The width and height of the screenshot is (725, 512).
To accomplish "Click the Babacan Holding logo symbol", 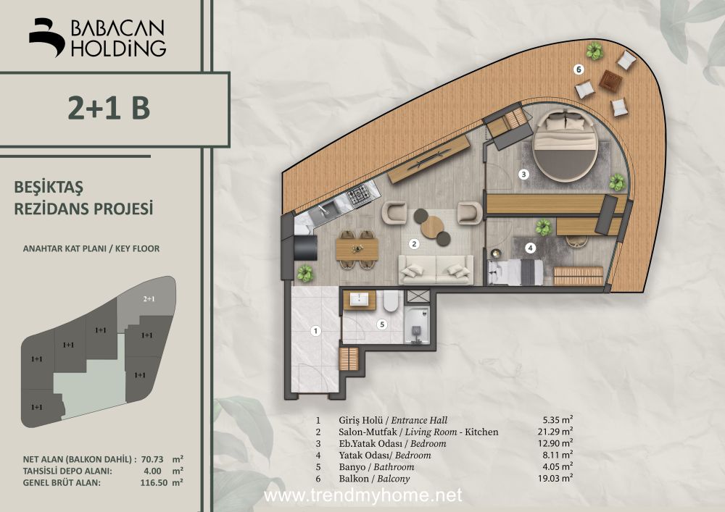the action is tap(46, 37).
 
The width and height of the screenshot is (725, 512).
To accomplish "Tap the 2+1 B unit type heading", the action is tap(109, 107).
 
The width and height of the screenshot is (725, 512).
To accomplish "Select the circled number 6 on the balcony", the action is tap(579, 70).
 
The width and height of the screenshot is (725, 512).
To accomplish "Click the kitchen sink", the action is tap(323, 211).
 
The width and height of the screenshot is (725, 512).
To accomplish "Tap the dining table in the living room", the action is tap(357, 249).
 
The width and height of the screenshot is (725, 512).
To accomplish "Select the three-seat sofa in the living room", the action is tap(436, 269).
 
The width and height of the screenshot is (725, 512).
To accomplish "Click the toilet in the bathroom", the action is tap(390, 301).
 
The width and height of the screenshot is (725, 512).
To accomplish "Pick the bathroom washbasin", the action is tap(359, 300).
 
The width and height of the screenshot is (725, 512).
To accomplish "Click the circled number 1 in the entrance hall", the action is tap(316, 331).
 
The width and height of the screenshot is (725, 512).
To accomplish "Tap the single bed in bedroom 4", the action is tap(516, 272).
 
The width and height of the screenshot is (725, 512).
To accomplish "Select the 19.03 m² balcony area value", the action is tap(555, 478).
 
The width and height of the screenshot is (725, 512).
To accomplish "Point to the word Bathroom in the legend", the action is tap(394, 467).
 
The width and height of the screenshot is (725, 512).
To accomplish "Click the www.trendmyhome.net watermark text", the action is tap(362, 495).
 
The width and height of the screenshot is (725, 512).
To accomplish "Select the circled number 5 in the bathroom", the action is tap(382, 324).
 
